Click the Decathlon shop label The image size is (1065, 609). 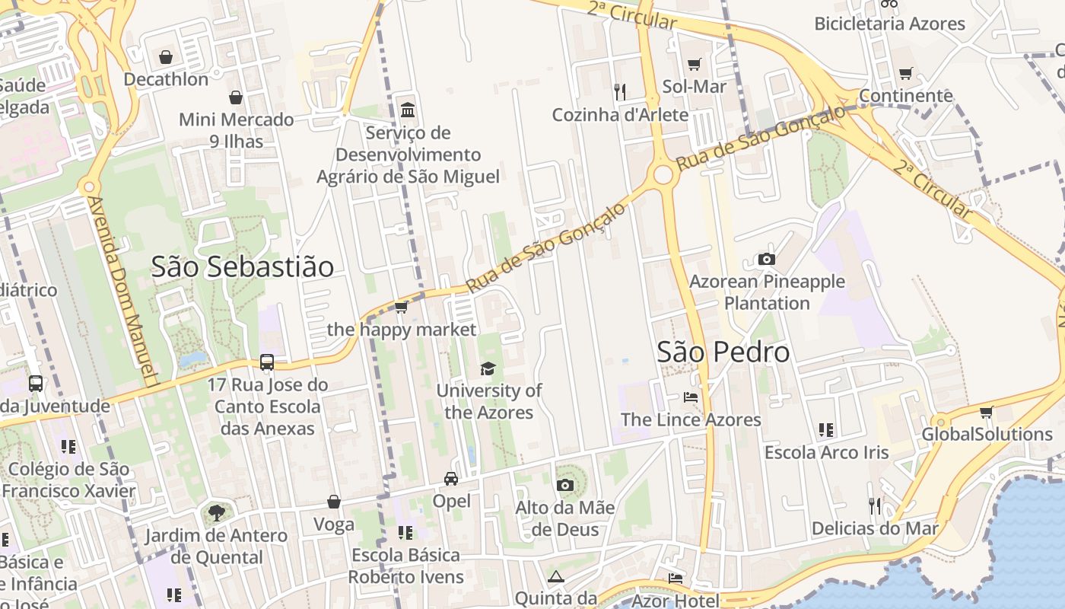166,79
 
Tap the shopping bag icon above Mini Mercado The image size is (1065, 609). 236,97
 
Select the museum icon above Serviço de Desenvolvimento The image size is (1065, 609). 408,110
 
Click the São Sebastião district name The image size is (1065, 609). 242,267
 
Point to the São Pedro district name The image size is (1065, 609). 723,352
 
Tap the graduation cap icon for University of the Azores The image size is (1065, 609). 488,369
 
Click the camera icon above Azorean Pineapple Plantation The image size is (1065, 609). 766,260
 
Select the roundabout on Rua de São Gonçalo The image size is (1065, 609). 663,174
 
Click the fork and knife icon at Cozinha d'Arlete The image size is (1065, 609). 620,92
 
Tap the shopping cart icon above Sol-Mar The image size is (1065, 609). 694,65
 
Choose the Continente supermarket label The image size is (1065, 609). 905,96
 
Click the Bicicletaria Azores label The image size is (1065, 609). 889,24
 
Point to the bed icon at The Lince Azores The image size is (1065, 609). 690,397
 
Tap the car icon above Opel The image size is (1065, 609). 451,479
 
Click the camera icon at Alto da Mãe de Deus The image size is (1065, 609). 564,485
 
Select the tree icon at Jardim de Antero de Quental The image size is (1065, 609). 217,512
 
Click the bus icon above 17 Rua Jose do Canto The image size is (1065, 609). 267,362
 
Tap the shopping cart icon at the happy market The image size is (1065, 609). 401,308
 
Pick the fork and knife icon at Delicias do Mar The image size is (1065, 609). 875,505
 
